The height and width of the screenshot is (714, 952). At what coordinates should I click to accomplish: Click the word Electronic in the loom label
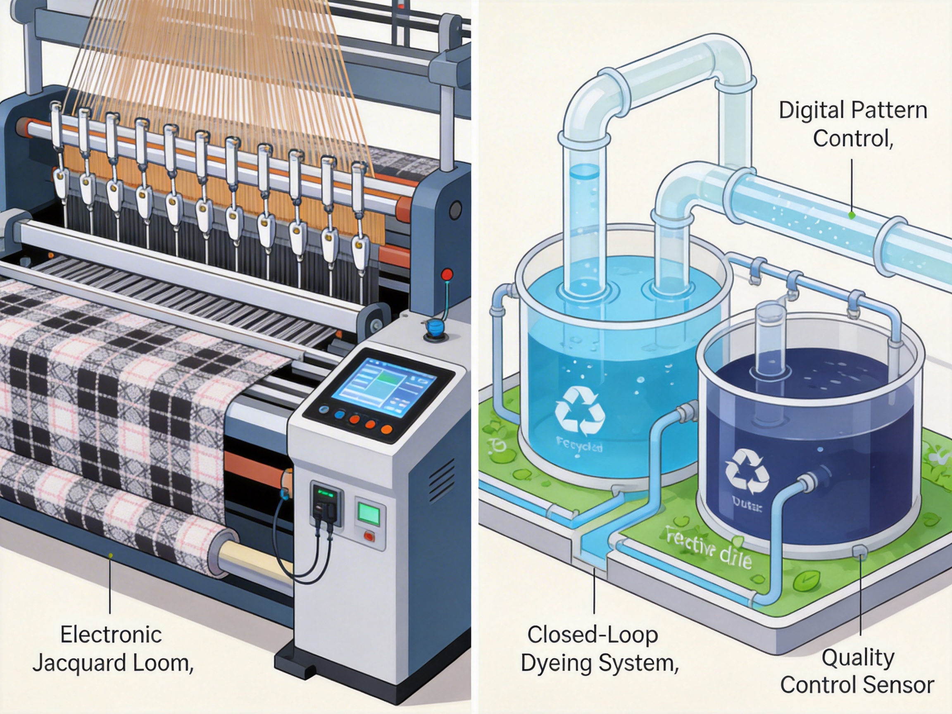pyautogui.click(x=111, y=635)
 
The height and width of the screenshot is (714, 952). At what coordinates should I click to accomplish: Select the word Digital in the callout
pyautogui.click(x=804, y=111)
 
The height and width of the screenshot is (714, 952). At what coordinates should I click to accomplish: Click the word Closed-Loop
pyautogui.click(x=593, y=635)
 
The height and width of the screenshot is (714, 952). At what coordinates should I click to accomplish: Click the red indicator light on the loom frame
pyautogui.click(x=447, y=274)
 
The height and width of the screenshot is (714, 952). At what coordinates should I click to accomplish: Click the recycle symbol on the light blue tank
pyautogui.click(x=580, y=412)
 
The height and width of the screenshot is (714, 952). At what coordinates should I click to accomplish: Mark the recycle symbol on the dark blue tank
pyautogui.click(x=747, y=471)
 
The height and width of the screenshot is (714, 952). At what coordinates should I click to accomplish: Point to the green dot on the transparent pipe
pyautogui.click(x=851, y=215)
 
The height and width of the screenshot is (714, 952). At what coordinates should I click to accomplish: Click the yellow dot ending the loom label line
pyautogui.click(x=111, y=556)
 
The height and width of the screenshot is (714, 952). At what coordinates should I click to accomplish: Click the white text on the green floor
pyautogui.click(x=708, y=547)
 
